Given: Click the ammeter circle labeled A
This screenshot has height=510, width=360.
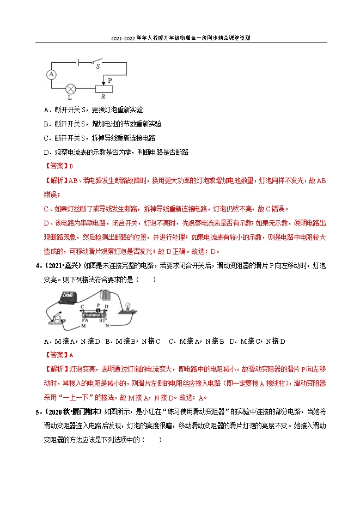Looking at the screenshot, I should (x=52, y=74).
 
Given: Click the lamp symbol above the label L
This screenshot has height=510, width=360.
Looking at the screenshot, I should (x=70, y=88).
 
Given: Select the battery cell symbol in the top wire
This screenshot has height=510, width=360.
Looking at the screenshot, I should (x=80, y=62).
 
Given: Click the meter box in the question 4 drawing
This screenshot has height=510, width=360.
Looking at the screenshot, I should (x=68, y=299).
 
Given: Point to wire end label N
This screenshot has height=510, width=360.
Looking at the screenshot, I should (x=107, y=326).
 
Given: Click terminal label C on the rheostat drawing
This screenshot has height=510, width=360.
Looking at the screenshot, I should (x=82, y=307).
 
